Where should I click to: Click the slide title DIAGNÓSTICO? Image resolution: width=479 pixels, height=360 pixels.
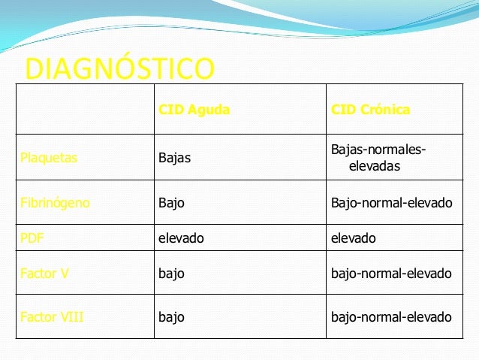point(119,68)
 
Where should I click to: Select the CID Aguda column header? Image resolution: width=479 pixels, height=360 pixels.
point(194,110)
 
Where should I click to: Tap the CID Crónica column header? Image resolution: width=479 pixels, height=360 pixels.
point(370,110)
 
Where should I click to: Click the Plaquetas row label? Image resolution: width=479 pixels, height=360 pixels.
point(49,158)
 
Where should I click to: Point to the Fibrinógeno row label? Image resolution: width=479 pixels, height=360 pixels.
point(55,203)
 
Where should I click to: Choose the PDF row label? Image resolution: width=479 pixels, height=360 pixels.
point(32,238)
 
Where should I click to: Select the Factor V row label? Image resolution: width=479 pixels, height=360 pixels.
point(45,274)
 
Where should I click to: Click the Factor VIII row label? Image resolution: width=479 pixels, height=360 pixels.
point(51,317)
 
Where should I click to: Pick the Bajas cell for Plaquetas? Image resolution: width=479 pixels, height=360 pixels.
point(174,158)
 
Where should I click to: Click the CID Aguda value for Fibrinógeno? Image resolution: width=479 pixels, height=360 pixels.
point(171,203)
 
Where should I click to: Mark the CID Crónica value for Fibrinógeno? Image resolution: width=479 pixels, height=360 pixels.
point(391,203)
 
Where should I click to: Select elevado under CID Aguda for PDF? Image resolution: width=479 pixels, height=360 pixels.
point(180,238)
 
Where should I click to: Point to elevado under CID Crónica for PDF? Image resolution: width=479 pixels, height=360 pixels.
point(353,238)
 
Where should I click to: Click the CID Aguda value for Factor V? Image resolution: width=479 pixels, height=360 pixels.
point(171,274)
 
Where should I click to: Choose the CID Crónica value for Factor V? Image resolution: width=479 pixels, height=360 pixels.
point(391,274)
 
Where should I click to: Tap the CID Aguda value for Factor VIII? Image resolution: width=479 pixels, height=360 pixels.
point(171,317)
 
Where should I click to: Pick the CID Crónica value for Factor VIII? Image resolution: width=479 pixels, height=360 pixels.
point(391,317)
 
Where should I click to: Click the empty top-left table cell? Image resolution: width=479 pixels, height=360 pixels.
point(83,109)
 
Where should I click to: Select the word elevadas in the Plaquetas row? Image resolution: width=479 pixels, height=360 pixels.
point(374,165)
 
